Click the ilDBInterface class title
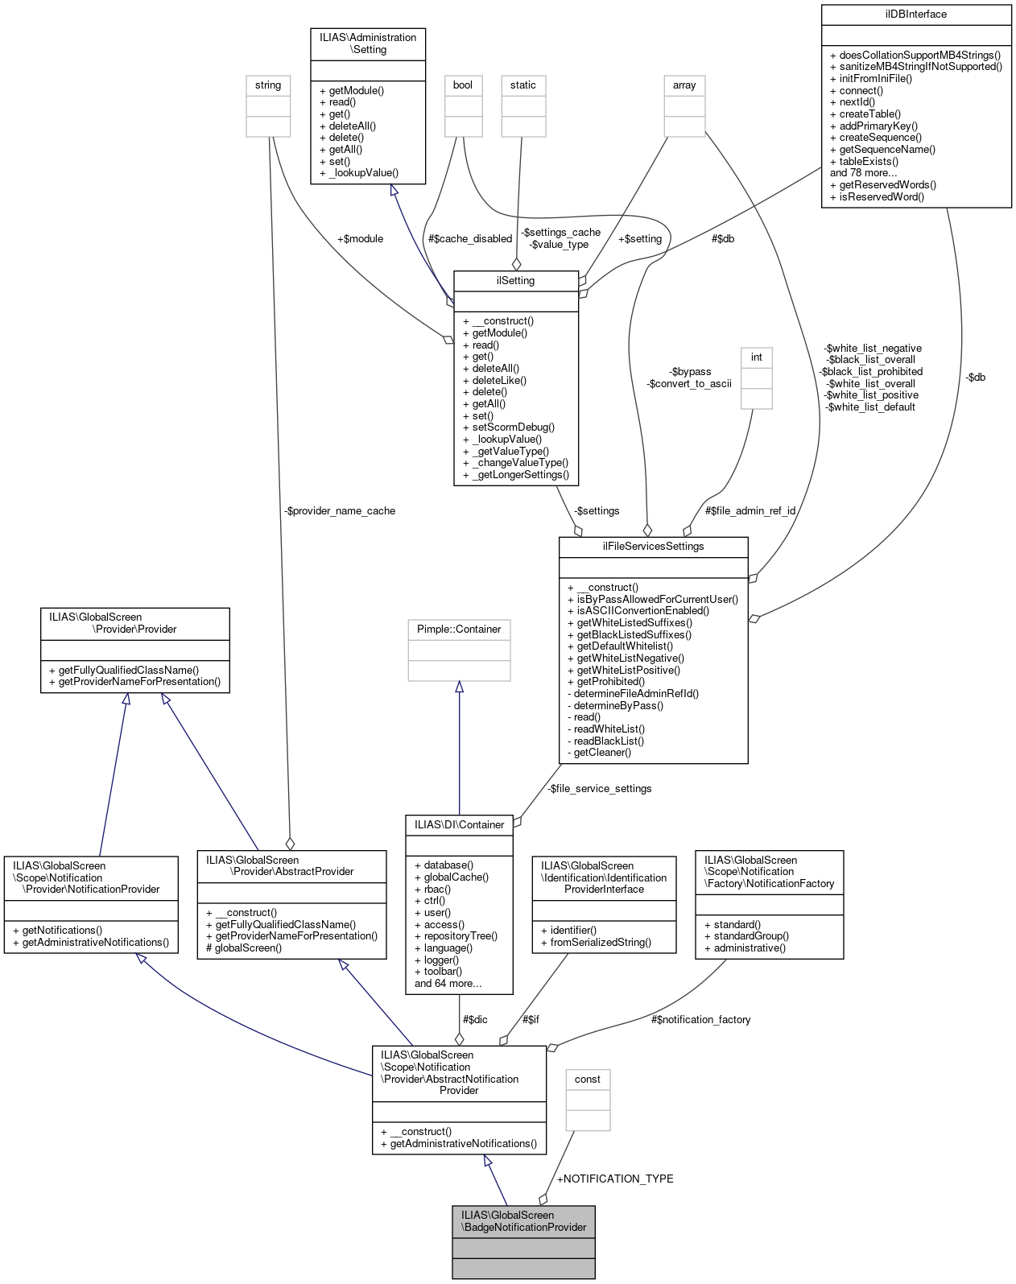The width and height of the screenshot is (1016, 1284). coord(915,14)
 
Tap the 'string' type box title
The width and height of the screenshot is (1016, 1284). coord(268,85)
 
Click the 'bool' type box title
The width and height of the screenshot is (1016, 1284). coord(463,85)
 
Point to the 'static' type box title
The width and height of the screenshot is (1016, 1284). coord(522,85)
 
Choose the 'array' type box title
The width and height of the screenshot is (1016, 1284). coord(684,85)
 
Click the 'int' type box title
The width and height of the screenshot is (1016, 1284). coord(756,357)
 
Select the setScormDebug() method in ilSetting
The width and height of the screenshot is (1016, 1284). coord(513,427)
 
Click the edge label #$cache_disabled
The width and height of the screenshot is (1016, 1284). coord(470,239)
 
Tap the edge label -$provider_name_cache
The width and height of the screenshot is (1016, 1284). coord(340,511)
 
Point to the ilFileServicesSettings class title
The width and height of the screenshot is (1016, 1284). coord(653,547)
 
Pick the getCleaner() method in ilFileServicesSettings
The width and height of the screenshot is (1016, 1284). coord(601,753)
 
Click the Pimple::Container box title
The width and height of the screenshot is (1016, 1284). coord(459,630)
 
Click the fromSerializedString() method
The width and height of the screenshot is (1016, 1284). coord(600,942)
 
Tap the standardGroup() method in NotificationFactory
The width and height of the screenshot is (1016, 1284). coord(750,936)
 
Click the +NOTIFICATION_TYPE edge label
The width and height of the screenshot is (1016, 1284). coord(615,1179)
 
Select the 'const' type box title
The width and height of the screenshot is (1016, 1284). coord(588,1080)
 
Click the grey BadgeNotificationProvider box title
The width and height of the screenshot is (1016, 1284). coord(523,1221)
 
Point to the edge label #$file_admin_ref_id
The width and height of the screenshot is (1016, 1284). coord(750,511)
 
